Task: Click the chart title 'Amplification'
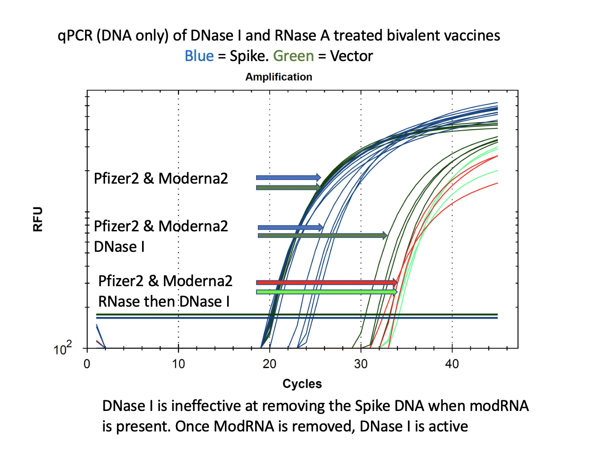point(279,77)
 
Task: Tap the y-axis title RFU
point(38,219)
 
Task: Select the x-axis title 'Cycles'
point(302,384)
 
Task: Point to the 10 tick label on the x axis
point(178,364)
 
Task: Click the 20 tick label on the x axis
point(269,364)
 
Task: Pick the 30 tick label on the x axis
point(361,364)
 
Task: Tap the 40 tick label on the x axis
point(452,364)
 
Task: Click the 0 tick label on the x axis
point(87,364)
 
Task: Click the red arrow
point(326,282)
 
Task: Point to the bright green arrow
point(326,291)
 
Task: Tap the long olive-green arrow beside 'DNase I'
point(322,235)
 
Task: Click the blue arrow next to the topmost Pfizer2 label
point(288,177)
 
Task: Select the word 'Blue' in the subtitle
point(199,56)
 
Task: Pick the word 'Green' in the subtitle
point(293,56)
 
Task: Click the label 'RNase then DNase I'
point(164,302)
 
